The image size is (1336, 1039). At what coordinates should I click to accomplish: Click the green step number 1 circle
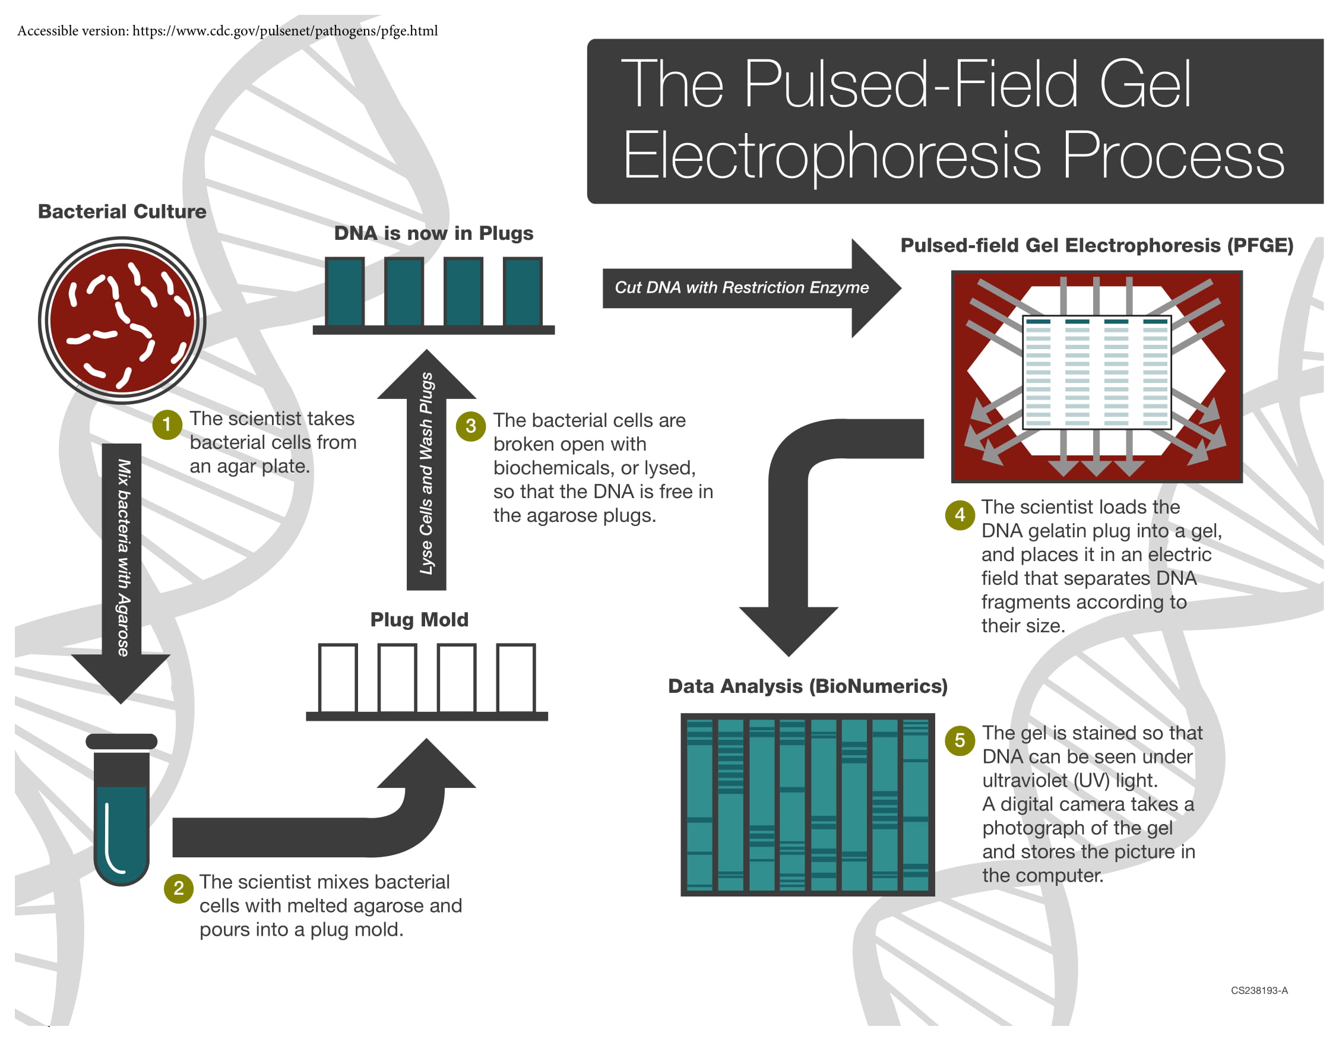pyautogui.click(x=166, y=425)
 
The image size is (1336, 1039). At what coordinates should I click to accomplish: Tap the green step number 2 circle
pyautogui.click(x=179, y=889)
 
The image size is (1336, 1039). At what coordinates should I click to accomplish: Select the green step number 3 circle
pyautogui.click(x=470, y=426)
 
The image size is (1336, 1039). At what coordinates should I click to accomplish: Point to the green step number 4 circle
pyautogui.click(x=959, y=515)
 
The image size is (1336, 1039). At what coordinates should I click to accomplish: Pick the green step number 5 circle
pyautogui.click(x=959, y=740)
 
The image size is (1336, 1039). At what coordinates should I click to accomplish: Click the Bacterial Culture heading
pyautogui.click(x=122, y=211)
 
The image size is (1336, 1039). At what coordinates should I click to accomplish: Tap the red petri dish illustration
pyautogui.click(x=122, y=321)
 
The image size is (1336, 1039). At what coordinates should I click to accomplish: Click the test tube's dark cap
pyautogui.click(x=121, y=741)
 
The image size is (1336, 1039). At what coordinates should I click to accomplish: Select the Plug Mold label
pyautogui.click(x=419, y=619)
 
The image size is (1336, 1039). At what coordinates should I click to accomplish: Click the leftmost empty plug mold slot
pyautogui.click(x=338, y=677)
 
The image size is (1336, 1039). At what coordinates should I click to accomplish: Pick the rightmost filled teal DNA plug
pyautogui.click(x=523, y=291)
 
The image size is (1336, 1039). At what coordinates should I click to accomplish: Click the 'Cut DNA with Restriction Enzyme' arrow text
pyautogui.click(x=741, y=287)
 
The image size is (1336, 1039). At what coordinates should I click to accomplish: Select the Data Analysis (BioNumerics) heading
pyautogui.click(x=807, y=686)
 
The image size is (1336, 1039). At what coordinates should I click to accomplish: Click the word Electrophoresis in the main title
pyautogui.click(x=831, y=156)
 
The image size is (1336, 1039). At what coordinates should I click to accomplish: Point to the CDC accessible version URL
pyautogui.click(x=284, y=31)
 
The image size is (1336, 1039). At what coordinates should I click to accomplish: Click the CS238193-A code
pyautogui.click(x=1259, y=990)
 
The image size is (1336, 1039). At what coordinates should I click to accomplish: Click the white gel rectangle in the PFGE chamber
pyautogui.click(x=1096, y=372)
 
